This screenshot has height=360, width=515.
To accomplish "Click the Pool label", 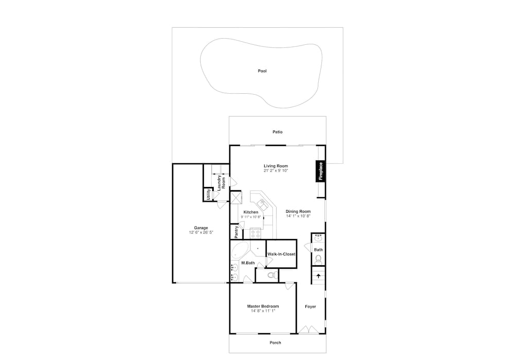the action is pyautogui.click(x=262, y=71).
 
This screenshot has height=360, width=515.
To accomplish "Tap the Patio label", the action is pyautogui.click(x=278, y=132).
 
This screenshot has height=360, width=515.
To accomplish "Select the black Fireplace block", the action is pyautogui.click(x=320, y=171).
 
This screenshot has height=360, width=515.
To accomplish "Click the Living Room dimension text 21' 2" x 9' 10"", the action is pyautogui.click(x=276, y=171).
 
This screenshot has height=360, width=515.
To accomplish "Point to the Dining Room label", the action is pyautogui.click(x=298, y=212).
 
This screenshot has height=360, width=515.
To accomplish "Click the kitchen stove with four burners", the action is pyautogui.click(x=255, y=233).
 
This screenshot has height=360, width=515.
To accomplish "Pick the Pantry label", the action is pyautogui.click(x=236, y=232).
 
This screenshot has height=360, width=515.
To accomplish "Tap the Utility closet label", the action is pyautogui.click(x=208, y=195).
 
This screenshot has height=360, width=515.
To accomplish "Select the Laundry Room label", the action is pyautogui.click(x=221, y=183).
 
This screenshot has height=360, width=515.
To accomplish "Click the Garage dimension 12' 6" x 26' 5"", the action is pyautogui.click(x=201, y=233).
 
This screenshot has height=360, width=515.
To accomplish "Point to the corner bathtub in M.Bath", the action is pyautogui.click(x=238, y=251).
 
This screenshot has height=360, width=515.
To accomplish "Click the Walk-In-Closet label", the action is pyautogui.click(x=281, y=254).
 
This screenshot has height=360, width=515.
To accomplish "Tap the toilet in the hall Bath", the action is pyautogui.click(x=318, y=260).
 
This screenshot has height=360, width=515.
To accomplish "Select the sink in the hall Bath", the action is pyautogui.click(x=318, y=238).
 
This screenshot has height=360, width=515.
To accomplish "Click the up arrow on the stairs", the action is pyautogui.click(x=318, y=276).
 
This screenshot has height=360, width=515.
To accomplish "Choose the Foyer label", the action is pyautogui.click(x=311, y=307).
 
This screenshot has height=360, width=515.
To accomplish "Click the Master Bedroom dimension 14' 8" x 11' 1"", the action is pyautogui.click(x=263, y=311).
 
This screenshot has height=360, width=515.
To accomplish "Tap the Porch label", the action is pyautogui.click(x=275, y=342).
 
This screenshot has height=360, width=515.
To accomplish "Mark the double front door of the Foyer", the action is pyautogui.click(x=308, y=330).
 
